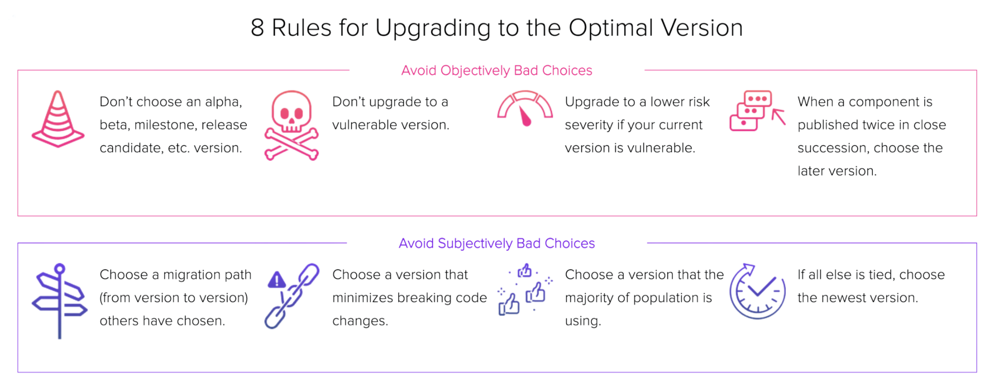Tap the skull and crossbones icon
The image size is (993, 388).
(291, 126)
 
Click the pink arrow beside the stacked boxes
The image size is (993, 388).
(779, 116)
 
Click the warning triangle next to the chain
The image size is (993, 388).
(277, 280)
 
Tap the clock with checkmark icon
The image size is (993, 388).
(758, 291)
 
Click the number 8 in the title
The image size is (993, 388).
(257, 28)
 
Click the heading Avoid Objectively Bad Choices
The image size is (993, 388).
(496, 71)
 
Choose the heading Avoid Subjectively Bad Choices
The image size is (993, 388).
(496, 243)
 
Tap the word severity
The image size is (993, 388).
(588, 125)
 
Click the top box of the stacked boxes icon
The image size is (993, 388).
(758, 98)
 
